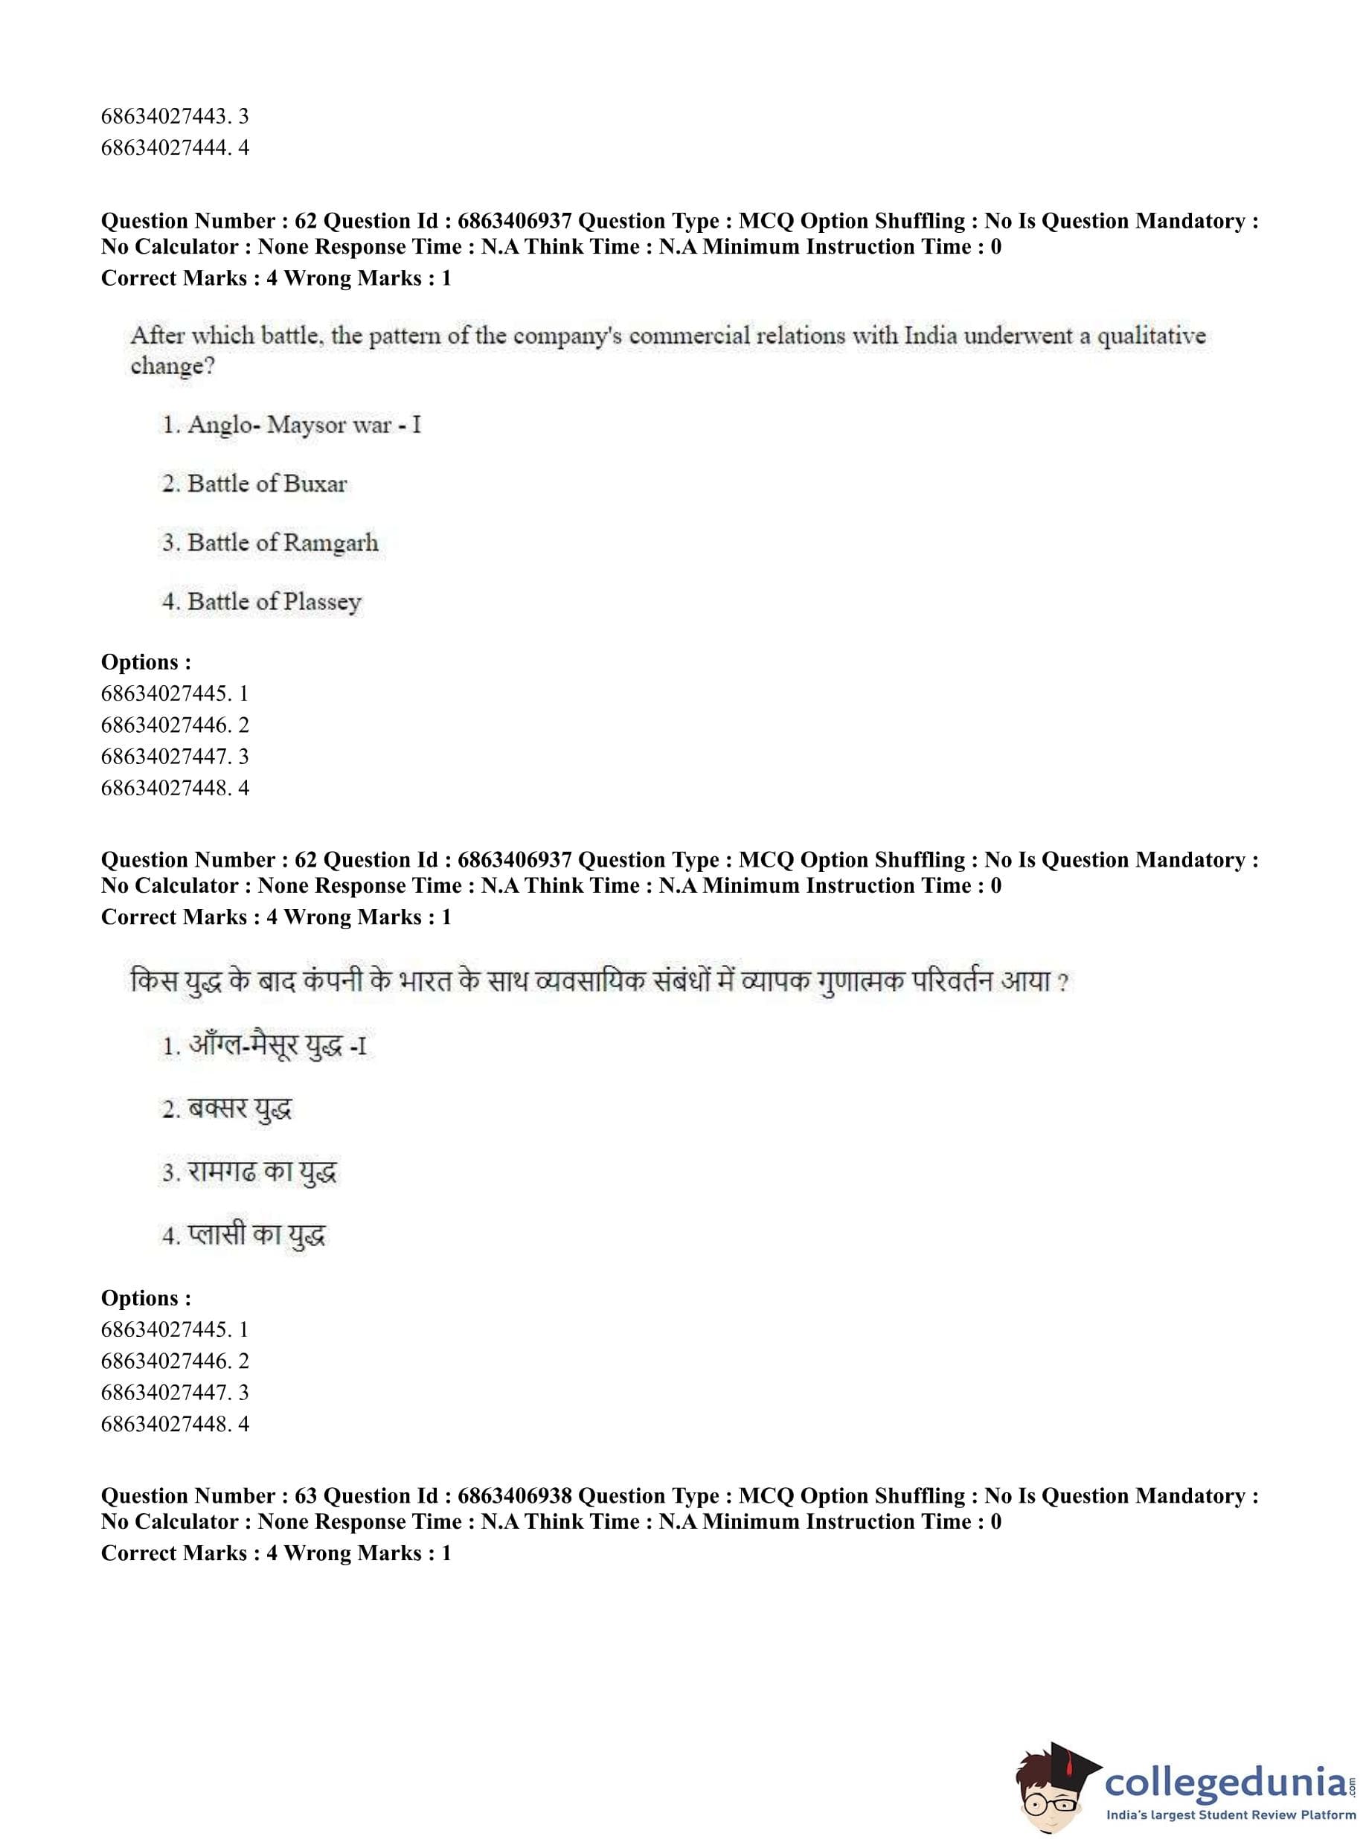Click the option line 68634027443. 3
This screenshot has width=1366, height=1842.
[175, 116]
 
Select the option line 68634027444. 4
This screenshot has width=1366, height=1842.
[175, 148]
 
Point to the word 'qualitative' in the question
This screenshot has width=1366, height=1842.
[1151, 336]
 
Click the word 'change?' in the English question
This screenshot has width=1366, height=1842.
[173, 366]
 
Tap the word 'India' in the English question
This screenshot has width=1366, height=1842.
[930, 336]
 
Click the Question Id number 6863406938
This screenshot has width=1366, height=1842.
[513, 1495]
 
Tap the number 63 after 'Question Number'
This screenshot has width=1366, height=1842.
[306, 1495]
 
